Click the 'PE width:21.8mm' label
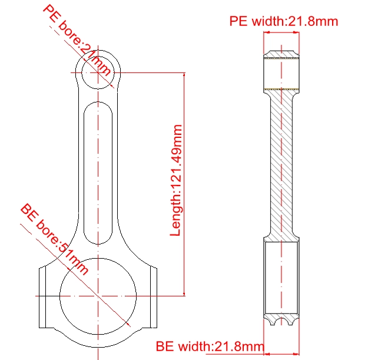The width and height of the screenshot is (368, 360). pyautogui.click(x=284, y=21)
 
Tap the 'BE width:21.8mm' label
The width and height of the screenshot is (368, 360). pyautogui.click(x=210, y=346)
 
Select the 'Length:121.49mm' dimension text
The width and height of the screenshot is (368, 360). pyautogui.click(x=176, y=180)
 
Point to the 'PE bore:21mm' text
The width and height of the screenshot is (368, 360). pyautogui.click(x=77, y=40)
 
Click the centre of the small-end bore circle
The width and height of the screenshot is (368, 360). pyautogui.click(x=98, y=72)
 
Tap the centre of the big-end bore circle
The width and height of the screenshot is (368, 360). pyautogui.click(x=98, y=296)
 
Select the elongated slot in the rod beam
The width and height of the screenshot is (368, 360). pyautogui.click(x=98, y=173)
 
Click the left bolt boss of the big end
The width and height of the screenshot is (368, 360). pyautogui.click(x=42, y=298)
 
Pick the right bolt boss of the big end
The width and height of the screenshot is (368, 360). pyautogui.click(x=154, y=298)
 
